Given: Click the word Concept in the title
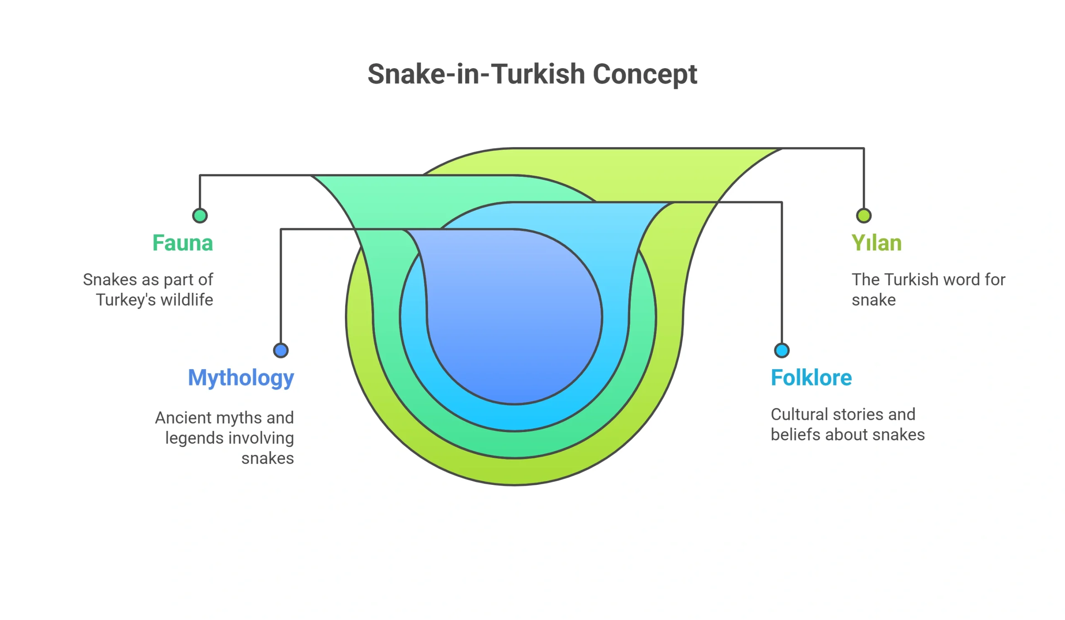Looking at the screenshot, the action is (645, 75).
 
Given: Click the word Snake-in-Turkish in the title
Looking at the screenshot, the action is (476, 74).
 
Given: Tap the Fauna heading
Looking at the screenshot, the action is (183, 243).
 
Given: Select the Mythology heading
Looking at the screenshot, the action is (241, 378).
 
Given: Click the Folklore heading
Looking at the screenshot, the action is (811, 378).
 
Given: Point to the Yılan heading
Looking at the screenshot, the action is (877, 243).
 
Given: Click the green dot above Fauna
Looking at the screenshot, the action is (200, 216).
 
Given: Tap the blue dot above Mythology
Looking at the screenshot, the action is (281, 351).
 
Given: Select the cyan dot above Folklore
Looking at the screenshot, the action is (782, 351).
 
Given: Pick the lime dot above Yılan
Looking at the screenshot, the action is (864, 216).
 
